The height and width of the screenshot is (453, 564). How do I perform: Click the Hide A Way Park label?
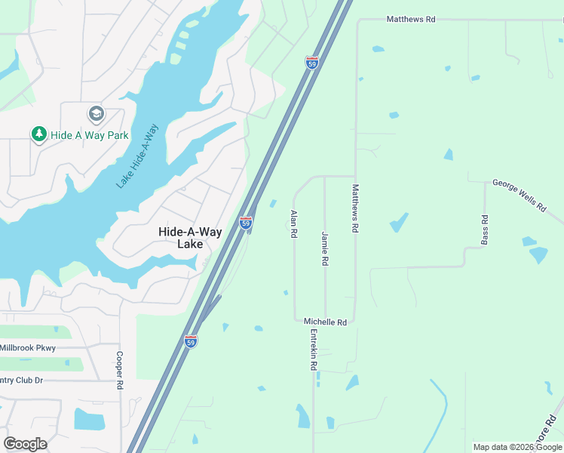pos(90,135)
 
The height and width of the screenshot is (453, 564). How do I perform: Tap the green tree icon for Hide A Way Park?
pos(38,134)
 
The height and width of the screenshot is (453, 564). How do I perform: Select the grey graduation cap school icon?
pos(96,114)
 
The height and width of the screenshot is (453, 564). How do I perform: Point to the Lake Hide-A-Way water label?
pos(137,156)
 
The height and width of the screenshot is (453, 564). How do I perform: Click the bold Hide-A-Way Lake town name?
pos(190,238)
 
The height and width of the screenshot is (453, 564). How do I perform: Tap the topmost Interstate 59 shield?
pos(312,62)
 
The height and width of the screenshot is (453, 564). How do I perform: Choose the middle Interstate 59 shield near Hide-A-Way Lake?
pos(246,223)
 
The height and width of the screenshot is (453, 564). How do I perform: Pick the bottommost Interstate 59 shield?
pos(191,341)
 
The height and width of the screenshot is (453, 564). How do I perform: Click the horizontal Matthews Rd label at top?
pos(411,19)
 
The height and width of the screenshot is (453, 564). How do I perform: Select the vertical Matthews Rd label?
pos(356,209)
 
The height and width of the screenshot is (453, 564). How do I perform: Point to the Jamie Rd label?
pos(325,248)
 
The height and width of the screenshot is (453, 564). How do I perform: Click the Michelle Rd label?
pos(325,322)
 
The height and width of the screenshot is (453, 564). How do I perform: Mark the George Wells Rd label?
pos(519,194)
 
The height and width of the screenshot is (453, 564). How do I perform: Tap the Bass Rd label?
pos(485,230)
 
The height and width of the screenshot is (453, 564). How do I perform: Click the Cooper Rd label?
pos(119,370)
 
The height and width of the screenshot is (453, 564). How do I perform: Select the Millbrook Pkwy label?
pos(28,348)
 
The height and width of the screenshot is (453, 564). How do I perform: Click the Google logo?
pos(25,443)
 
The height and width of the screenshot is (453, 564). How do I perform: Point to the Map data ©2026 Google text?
pos(516,447)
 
